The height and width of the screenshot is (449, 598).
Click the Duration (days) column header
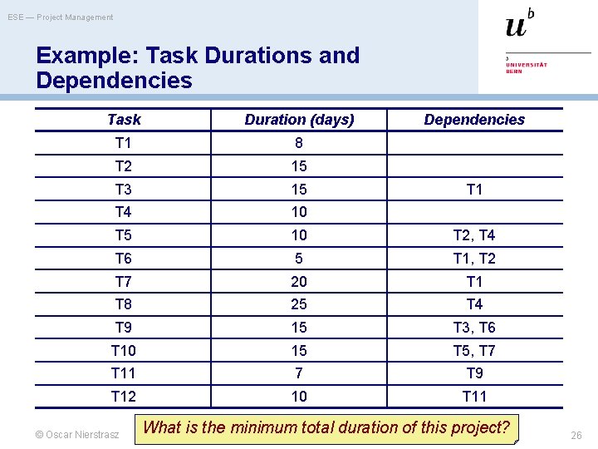coord(299,120)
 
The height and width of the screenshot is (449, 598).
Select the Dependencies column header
coord(474,120)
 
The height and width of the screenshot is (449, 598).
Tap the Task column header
coord(124,120)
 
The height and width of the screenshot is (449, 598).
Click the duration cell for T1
coord(299,143)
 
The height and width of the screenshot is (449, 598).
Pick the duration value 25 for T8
coord(299,304)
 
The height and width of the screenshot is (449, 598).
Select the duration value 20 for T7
coord(299,281)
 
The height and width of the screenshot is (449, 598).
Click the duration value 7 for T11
coord(299,373)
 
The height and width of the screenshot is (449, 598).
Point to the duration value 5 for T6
coord(299,259)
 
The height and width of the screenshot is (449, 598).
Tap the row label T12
coord(124,397)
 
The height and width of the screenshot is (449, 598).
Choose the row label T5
coord(124,235)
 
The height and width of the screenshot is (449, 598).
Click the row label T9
coord(124,328)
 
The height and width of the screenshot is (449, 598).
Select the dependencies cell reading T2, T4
coord(474,235)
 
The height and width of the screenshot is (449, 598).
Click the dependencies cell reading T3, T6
coord(474,328)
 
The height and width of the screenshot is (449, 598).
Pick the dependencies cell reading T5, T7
coord(474,351)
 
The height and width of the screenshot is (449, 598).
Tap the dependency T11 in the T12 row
coord(474,397)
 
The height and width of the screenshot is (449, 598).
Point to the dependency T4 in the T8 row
coord(474,304)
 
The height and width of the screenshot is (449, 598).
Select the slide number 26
coord(576,435)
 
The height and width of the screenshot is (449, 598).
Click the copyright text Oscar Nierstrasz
coord(78,434)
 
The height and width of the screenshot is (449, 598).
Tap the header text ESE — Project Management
coord(61,17)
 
